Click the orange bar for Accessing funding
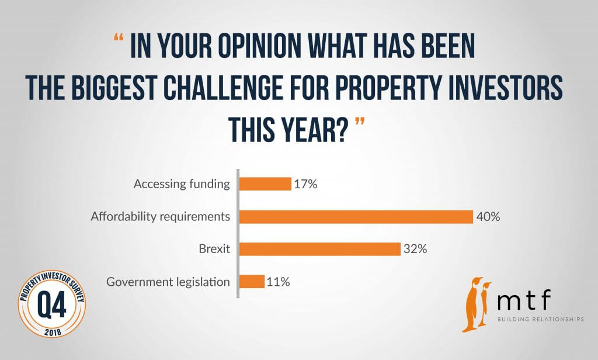266,184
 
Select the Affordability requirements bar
356,217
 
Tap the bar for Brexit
320,249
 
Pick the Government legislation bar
252,282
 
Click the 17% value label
305,185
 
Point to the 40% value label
488,217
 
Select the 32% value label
415,250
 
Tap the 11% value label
279,282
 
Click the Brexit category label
214,249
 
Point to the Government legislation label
168,282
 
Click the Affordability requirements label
160,217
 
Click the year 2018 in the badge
53,332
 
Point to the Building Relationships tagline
540,319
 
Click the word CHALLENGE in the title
223,88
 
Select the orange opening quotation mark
119,37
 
